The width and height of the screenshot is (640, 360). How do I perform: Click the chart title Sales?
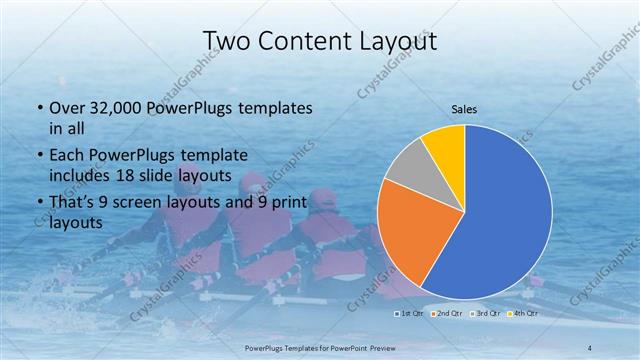click(x=464, y=109)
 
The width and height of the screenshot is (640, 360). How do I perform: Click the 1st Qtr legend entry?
click(x=410, y=314)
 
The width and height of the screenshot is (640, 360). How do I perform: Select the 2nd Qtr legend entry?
click(x=448, y=314)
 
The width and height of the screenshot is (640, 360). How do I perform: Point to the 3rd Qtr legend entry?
click(x=485, y=314)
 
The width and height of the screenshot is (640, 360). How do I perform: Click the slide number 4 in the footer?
click(x=590, y=347)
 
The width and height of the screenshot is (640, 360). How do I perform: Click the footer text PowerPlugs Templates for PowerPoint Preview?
click(x=319, y=347)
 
